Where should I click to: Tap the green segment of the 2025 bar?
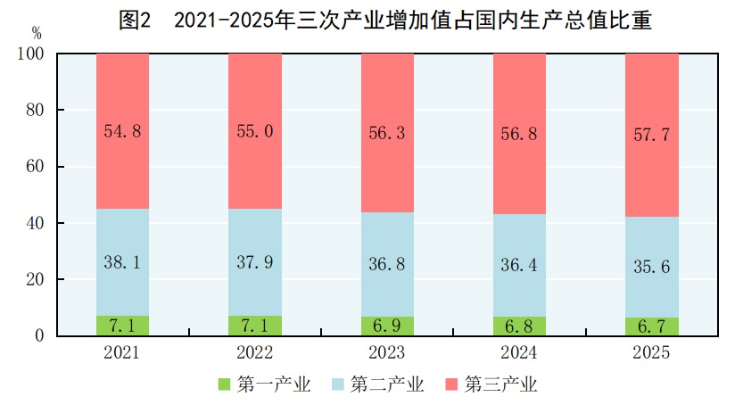coord(651,326)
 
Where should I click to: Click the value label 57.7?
coord(651,136)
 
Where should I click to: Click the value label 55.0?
coord(254,131)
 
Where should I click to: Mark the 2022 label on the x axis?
coord(254,352)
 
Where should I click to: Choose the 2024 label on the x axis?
coord(519,352)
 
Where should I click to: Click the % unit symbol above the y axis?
coord(36,33)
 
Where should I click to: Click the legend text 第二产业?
coord(387,384)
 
